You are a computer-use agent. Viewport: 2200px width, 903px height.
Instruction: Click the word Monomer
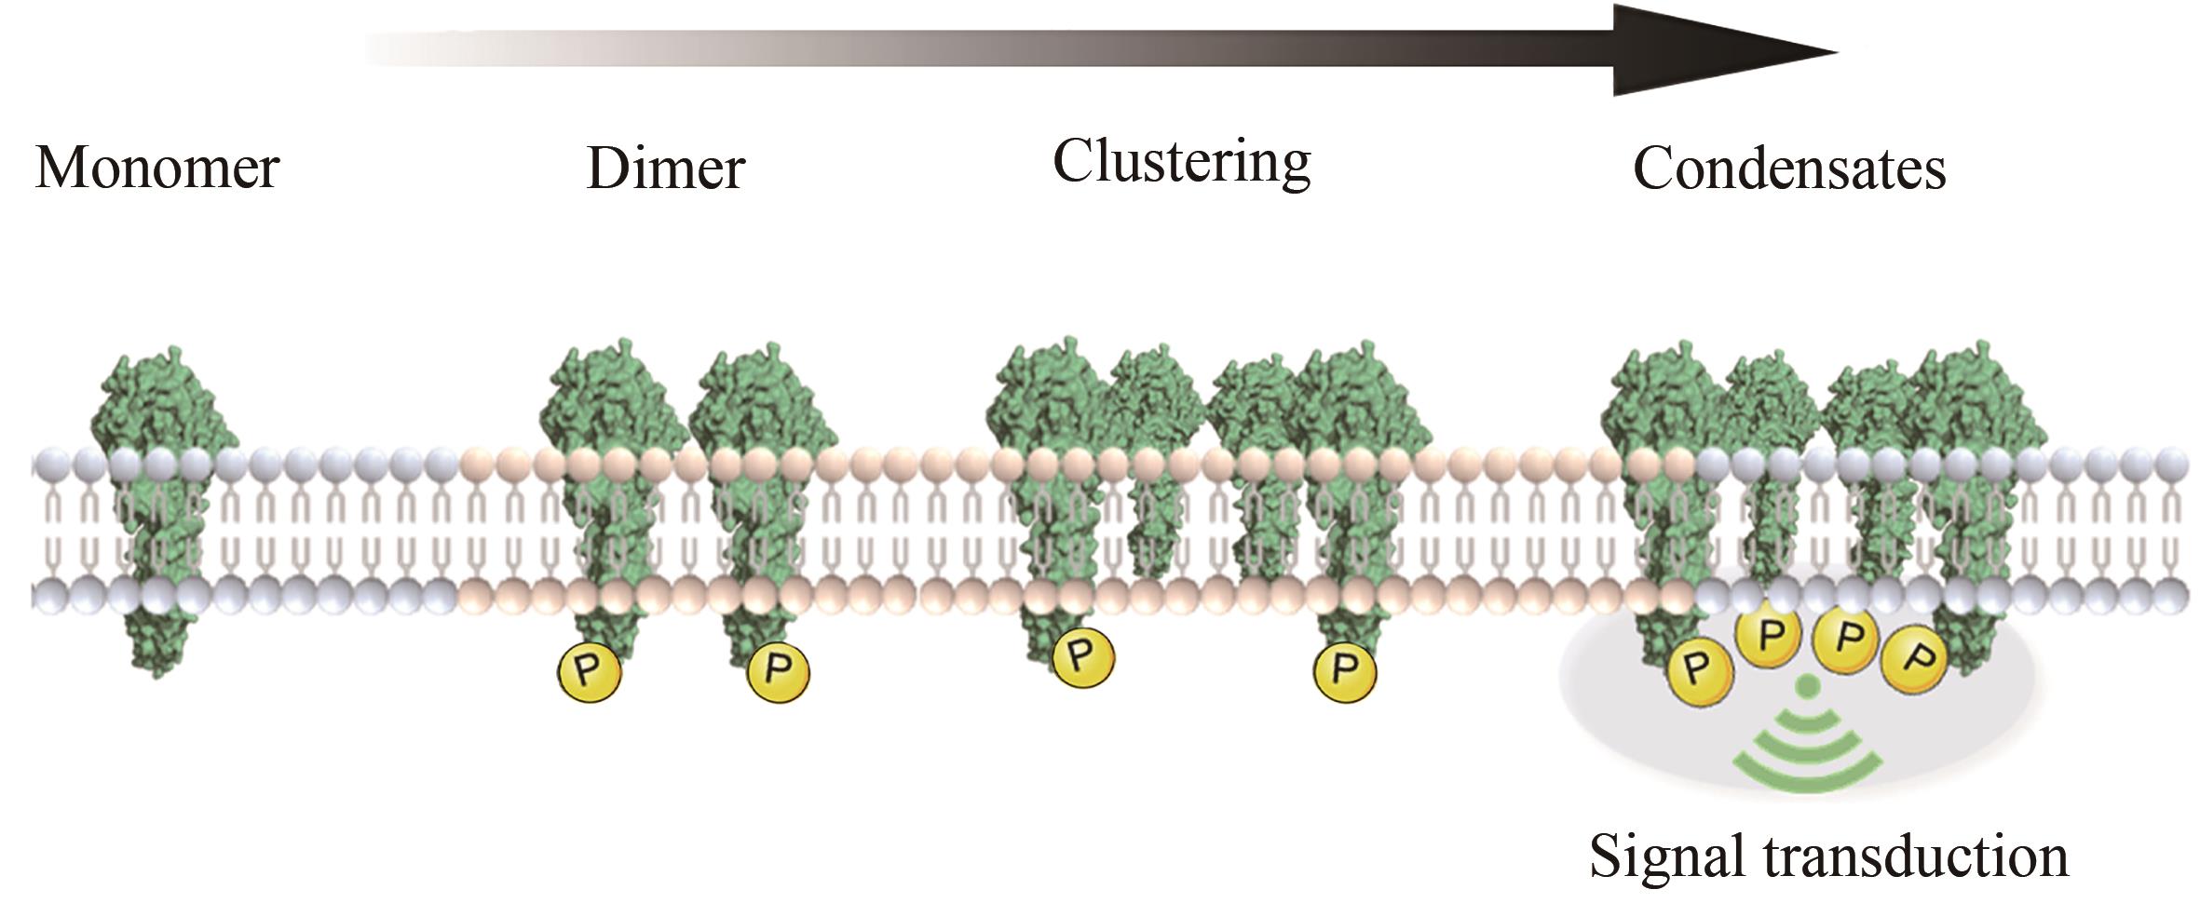(x=156, y=168)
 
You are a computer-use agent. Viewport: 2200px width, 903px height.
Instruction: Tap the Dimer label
(x=665, y=168)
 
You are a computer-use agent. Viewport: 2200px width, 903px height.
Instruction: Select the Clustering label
(x=1181, y=162)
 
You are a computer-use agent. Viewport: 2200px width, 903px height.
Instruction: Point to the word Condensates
(x=1788, y=170)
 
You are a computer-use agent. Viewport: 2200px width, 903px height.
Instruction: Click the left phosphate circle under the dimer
(x=589, y=671)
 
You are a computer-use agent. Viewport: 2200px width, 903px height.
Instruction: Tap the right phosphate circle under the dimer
(x=778, y=671)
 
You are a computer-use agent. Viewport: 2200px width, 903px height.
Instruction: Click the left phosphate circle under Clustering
(x=1082, y=656)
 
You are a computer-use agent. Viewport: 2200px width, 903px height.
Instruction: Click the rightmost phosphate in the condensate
(x=1911, y=662)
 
